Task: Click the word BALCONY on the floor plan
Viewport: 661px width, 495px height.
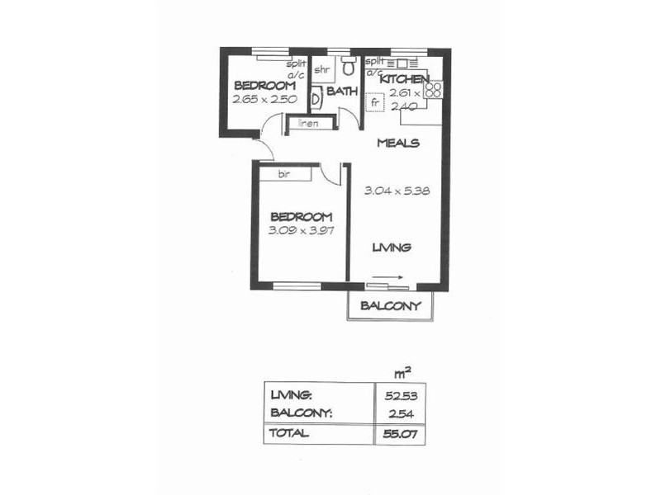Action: click(x=391, y=306)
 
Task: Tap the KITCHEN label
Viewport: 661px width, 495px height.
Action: click(x=404, y=79)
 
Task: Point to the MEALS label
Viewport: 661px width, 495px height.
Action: click(x=397, y=143)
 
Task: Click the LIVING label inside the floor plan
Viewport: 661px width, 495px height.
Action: click(x=391, y=247)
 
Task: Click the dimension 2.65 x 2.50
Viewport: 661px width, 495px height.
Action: click(x=264, y=99)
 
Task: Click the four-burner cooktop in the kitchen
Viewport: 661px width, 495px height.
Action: click(x=435, y=87)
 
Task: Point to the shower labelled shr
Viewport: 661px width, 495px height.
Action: click(x=321, y=69)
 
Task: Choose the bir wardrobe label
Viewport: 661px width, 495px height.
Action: click(x=283, y=174)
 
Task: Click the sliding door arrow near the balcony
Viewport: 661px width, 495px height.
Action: click(x=388, y=278)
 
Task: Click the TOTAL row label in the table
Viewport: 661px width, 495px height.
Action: click(x=288, y=432)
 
